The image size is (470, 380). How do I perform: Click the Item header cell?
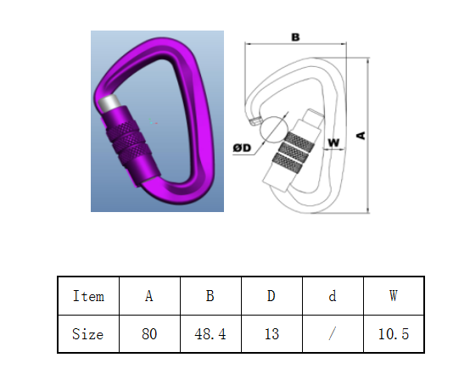click(88, 296)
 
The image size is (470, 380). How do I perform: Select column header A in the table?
click(149, 296)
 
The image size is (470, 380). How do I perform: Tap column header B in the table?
click(210, 296)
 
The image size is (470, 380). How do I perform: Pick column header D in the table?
click(271, 296)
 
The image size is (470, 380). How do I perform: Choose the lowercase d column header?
click(333, 296)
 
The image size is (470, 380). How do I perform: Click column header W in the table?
click(394, 296)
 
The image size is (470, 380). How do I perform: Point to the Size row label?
click(88, 334)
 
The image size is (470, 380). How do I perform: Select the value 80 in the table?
click(149, 334)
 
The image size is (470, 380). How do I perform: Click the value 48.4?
click(210, 334)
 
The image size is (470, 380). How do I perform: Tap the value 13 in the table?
click(271, 334)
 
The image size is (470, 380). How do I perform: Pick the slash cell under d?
click(332, 333)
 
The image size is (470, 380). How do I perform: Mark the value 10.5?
click(394, 334)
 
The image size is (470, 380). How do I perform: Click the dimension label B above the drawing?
click(295, 37)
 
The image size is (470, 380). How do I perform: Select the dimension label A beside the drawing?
click(361, 136)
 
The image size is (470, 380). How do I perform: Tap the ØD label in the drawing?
click(242, 148)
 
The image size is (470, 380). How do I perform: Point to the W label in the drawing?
click(333, 142)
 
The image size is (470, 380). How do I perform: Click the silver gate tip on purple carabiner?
click(109, 103)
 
